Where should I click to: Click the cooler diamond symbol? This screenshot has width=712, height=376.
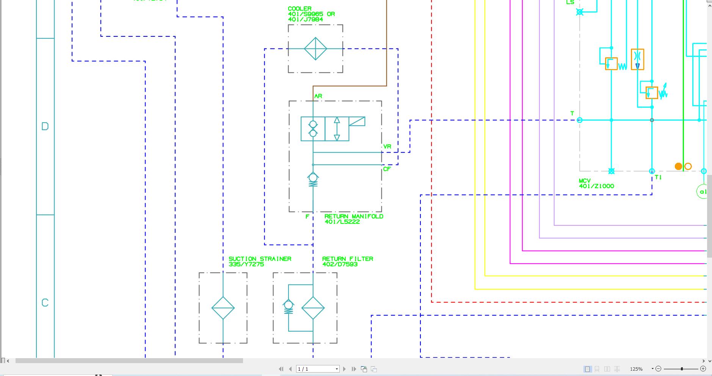[315, 49]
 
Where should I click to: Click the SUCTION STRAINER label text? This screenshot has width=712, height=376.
[260, 259]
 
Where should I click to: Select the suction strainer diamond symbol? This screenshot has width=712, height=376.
[223, 308]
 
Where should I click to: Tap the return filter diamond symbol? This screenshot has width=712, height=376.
[313, 308]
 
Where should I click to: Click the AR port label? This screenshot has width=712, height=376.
[318, 96]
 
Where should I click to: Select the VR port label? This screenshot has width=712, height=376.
[387, 146]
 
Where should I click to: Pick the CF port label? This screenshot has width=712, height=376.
[387, 169]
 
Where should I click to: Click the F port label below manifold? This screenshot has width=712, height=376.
[307, 217]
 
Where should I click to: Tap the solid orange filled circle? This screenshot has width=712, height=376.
[678, 166]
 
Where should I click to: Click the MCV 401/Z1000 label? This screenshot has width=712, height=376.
[596, 184]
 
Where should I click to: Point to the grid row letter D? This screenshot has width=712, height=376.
[45, 126]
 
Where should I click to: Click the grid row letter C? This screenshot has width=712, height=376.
[45, 303]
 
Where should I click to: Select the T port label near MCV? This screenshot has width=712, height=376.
[572, 113]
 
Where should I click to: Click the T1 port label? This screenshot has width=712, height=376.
[658, 177]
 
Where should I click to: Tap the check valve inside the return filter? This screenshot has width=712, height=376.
[289, 306]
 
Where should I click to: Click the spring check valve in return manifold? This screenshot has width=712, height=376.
[313, 179]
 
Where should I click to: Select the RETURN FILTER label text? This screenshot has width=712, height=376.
[347, 259]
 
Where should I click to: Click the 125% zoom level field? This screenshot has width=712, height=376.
[636, 369]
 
